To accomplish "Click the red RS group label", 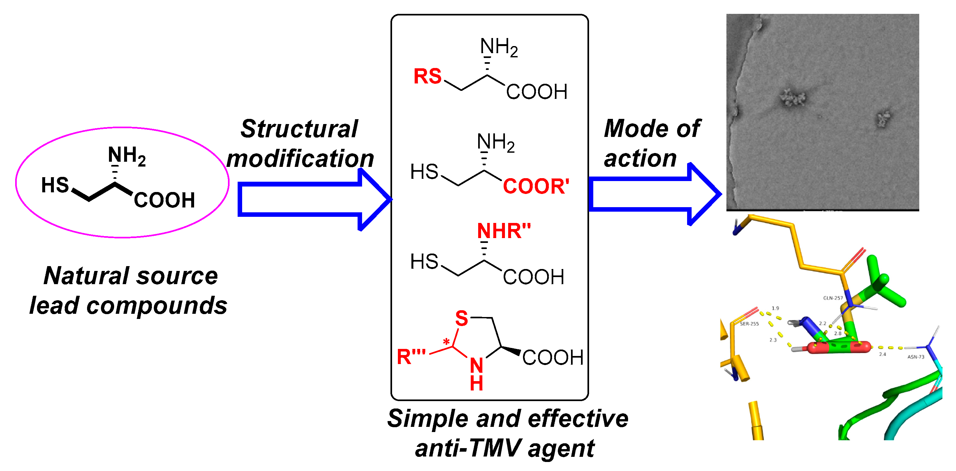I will (427, 76).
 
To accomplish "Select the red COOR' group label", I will (536, 186).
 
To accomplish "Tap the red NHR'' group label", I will (504, 231).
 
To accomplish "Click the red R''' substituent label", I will (411, 357).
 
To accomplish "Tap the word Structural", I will (299, 129).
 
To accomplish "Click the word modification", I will (300, 159).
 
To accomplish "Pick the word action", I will (640, 159).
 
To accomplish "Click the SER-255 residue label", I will (749, 324).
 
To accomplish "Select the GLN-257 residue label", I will (833, 298).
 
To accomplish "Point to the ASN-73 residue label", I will (916, 357).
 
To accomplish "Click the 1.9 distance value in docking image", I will (775, 308).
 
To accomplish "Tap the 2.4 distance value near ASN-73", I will (882, 354).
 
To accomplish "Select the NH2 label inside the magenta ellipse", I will (126, 155).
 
